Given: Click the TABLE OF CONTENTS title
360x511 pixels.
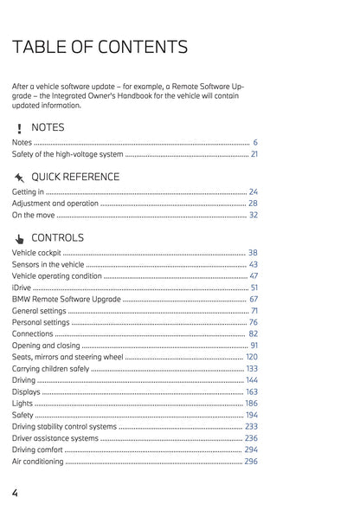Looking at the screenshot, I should [100, 47].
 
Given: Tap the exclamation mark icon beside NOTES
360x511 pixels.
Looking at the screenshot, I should [19, 128].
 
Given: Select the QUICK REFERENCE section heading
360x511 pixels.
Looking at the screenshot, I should [75, 177].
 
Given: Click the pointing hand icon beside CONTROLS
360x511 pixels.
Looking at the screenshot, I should [19, 238].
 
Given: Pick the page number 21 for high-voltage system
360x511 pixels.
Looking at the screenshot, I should [254, 154].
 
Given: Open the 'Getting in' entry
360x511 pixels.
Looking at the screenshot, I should [28, 191].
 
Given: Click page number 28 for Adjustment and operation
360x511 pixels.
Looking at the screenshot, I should [253, 203].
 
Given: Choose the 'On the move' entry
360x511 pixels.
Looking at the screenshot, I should [33, 215].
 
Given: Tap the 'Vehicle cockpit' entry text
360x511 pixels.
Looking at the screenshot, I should [37, 252].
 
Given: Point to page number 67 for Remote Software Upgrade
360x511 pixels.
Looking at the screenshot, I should [253, 299].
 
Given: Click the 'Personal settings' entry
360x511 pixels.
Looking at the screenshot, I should [41, 322].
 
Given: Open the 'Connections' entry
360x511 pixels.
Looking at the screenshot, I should [33, 333].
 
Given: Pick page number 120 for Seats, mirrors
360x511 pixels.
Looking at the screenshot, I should [251, 357].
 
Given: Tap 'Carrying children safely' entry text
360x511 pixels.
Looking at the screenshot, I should [50, 369].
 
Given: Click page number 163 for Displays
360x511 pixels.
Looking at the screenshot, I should [251, 392].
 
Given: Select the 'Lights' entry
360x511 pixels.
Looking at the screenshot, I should [22, 404].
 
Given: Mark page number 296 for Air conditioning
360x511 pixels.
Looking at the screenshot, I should [251, 462].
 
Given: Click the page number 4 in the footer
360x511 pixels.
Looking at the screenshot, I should [16, 493].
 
